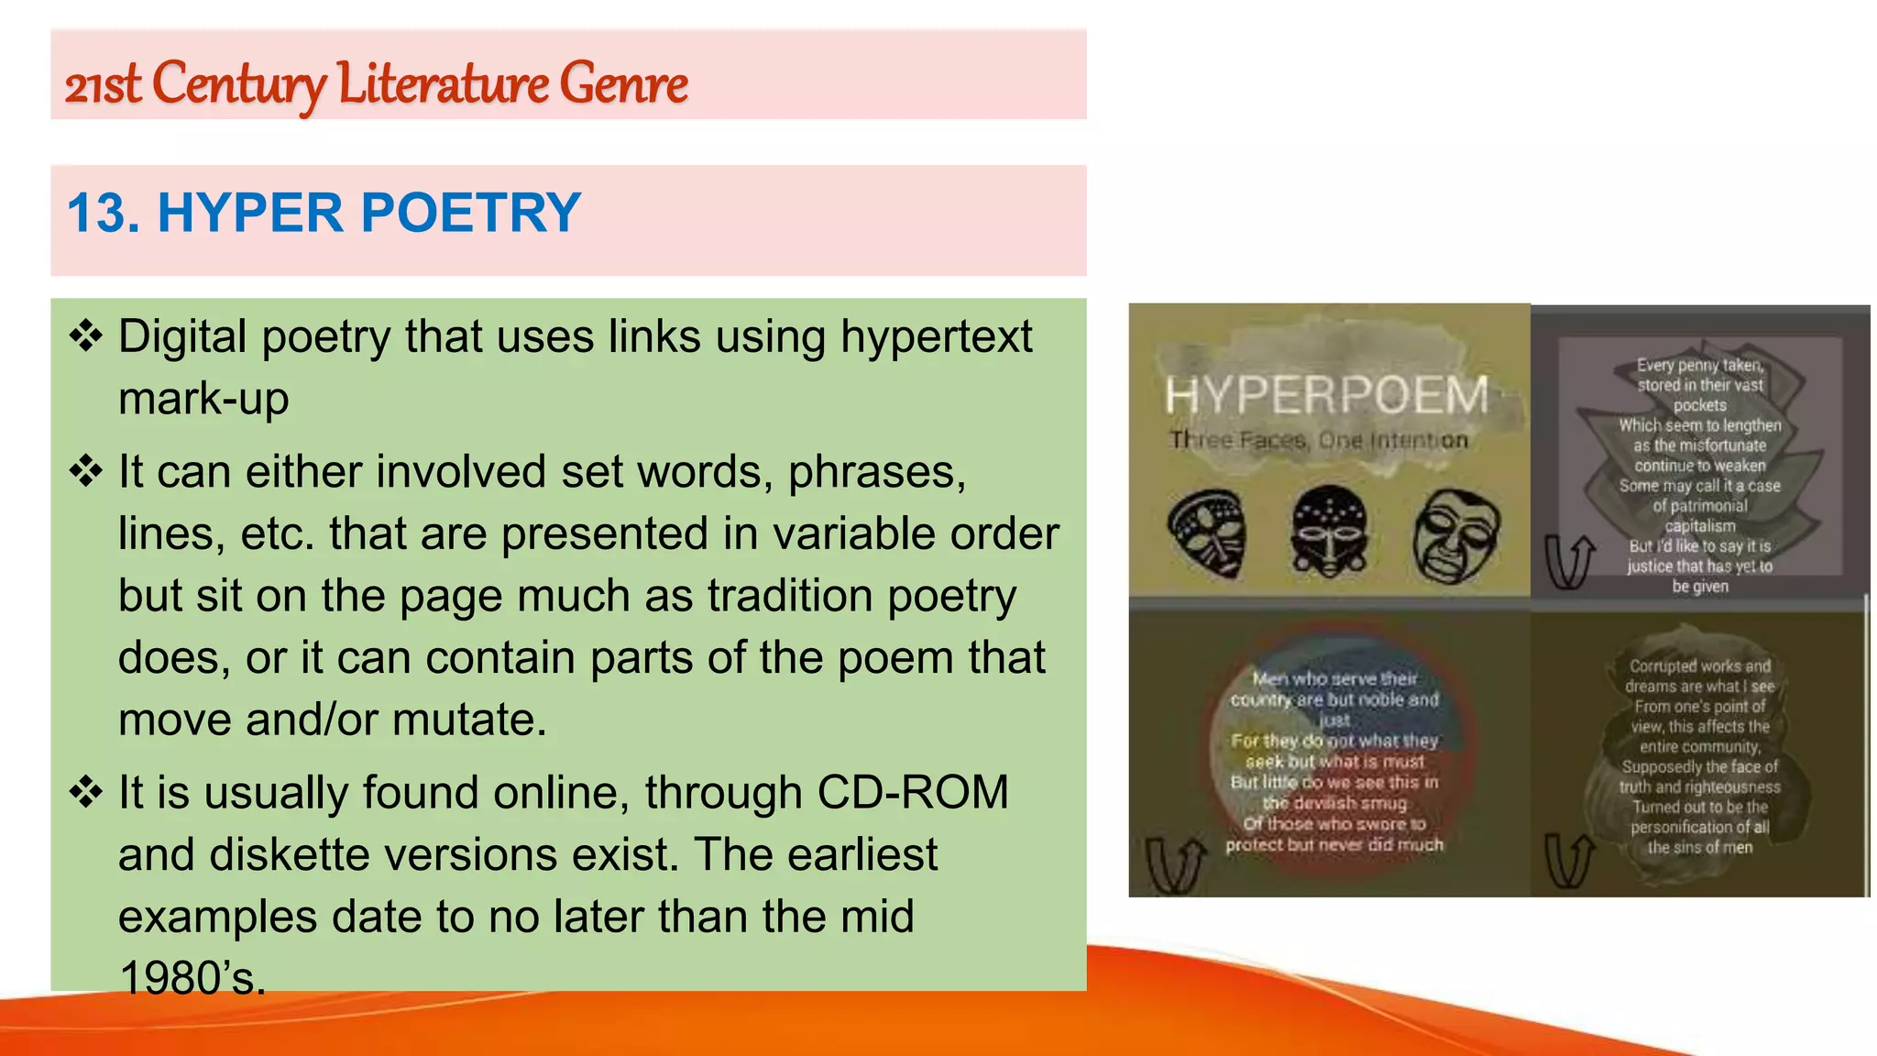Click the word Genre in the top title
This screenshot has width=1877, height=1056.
click(623, 84)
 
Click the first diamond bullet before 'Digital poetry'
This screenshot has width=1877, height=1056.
click(85, 335)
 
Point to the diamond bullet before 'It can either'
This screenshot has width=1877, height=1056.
click(85, 471)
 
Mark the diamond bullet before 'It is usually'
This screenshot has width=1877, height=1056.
click(85, 792)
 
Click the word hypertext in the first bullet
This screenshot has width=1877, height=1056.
click(936, 337)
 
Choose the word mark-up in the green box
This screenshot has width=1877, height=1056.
click(203, 399)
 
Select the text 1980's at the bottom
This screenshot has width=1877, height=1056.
click(192, 977)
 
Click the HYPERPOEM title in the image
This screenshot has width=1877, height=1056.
click(1326, 395)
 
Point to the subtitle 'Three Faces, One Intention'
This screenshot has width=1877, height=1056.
click(1318, 441)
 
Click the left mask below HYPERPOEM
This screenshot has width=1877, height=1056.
click(1207, 533)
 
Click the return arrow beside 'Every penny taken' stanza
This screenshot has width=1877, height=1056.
click(1568, 561)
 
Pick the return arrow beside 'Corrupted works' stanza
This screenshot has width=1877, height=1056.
click(1568, 860)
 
